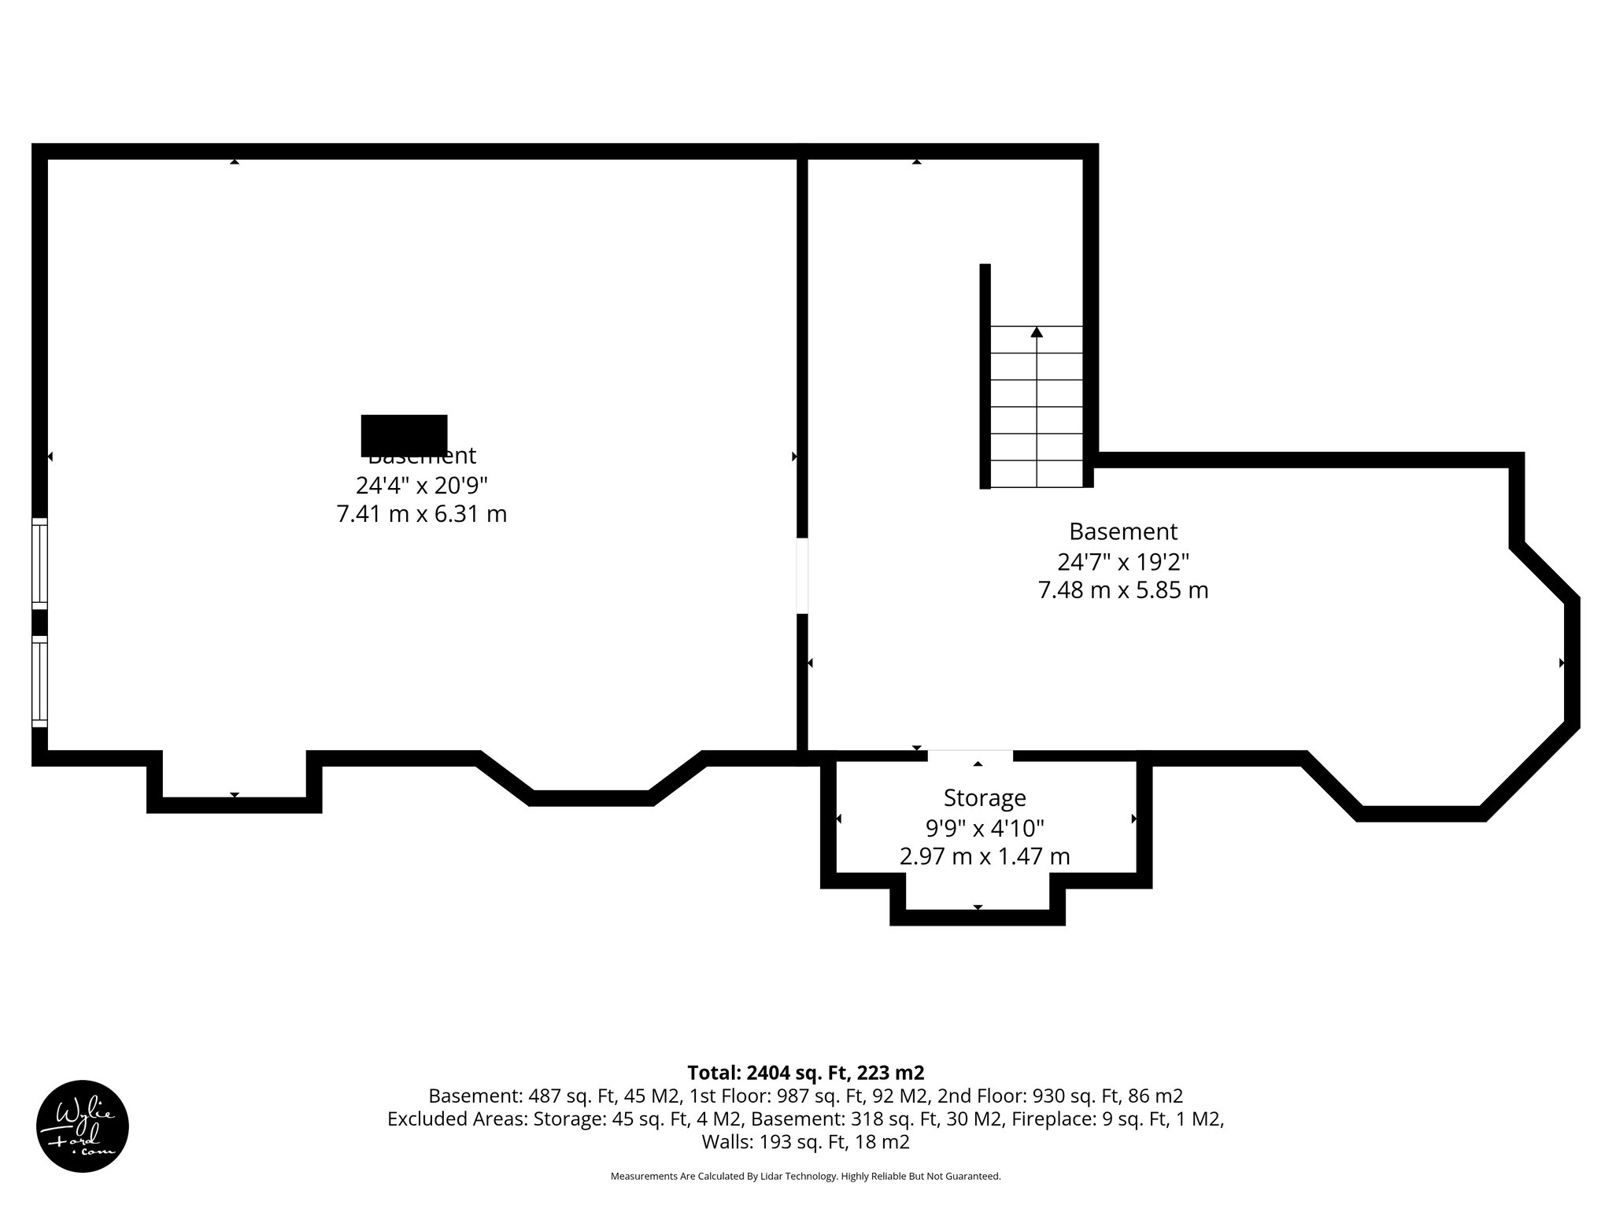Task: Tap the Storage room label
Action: pos(984,798)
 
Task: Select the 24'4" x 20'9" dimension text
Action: pos(421,484)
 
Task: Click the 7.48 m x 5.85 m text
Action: pos(1122,590)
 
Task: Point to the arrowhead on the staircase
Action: pos(1037,332)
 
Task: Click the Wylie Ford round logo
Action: pos(83,1126)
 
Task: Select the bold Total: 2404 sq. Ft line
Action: pos(805,1073)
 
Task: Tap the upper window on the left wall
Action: pos(39,564)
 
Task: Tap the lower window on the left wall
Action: pos(39,682)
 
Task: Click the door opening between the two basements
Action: pos(802,575)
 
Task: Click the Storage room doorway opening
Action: pos(970,756)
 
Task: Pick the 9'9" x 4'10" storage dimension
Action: pos(984,828)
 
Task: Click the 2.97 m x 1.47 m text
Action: pos(984,856)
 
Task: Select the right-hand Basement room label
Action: pos(1122,532)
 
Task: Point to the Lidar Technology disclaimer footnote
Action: pos(805,1176)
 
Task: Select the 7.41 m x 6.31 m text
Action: pos(421,514)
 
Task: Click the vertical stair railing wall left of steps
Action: pos(985,376)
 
